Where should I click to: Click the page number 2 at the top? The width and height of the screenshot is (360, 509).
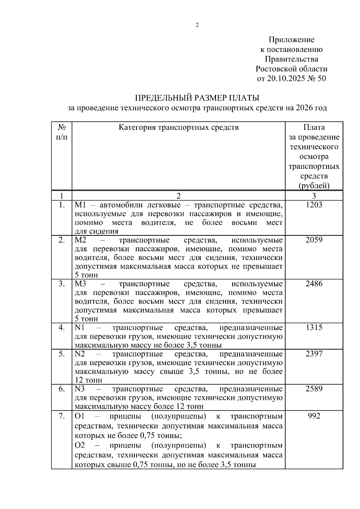pos(197,25)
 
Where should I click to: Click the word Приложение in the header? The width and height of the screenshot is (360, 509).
pos(291,40)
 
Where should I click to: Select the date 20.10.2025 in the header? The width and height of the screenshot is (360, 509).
pos(285,79)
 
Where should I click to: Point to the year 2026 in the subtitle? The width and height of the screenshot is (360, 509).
pos(303,108)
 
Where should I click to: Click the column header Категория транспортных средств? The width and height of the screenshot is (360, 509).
pos(178,127)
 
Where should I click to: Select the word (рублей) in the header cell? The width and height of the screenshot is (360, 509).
pos(314,186)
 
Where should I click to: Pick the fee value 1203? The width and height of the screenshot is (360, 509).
pos(314,205)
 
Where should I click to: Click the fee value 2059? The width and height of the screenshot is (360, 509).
pos(314,240)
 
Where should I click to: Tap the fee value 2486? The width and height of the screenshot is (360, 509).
pos(314,284)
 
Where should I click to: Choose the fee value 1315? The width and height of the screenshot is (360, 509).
pos(314,328)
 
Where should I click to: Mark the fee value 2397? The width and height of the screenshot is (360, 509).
pos(314,354)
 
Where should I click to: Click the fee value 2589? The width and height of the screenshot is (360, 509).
pos(314,389)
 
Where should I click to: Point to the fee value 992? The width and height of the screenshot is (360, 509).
pos(314,416)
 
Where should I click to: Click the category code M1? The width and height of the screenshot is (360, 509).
pos(80,205)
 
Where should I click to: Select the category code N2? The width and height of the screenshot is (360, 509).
pos(80,354)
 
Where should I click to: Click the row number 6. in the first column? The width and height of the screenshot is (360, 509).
pos(62,389)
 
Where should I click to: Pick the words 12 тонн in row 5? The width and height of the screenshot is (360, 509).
pos(88,380)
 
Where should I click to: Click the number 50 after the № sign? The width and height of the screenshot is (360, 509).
pos(320,79)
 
